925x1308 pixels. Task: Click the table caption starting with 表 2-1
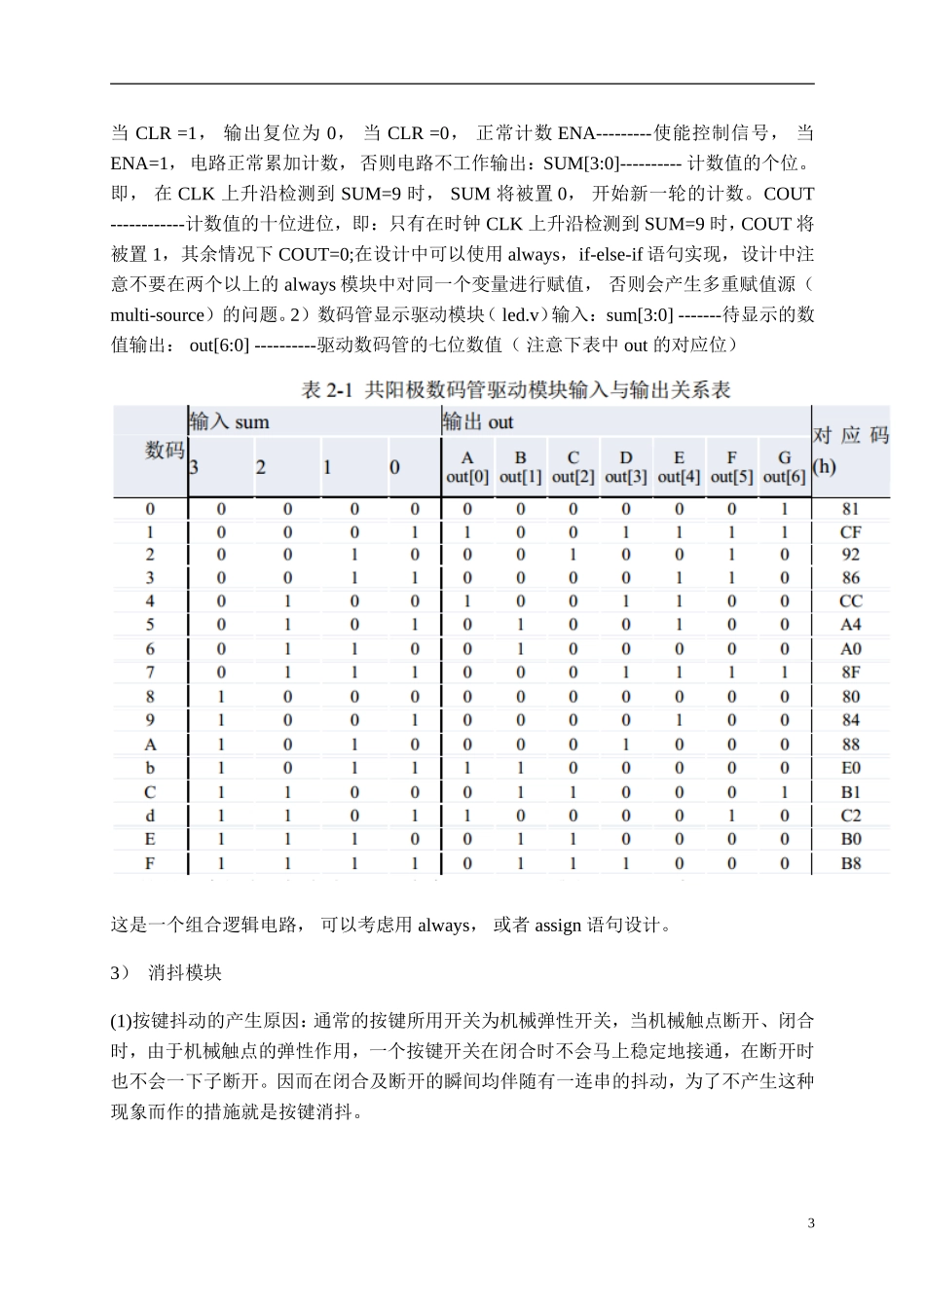516,390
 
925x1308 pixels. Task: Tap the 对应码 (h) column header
850,450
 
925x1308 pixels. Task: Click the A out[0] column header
467,467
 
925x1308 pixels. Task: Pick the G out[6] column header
784,467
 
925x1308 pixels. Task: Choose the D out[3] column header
625,467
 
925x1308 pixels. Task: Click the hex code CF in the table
850,532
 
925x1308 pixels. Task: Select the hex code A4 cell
850,625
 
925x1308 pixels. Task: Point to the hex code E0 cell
850,768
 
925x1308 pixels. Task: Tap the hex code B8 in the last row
850,862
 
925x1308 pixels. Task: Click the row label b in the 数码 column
150,768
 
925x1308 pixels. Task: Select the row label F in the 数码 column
150,862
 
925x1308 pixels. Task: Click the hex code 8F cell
850,672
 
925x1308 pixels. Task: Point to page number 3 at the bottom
811,1223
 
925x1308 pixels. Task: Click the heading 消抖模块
185,973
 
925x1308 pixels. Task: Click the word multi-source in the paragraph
157,314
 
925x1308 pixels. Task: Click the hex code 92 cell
850,555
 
